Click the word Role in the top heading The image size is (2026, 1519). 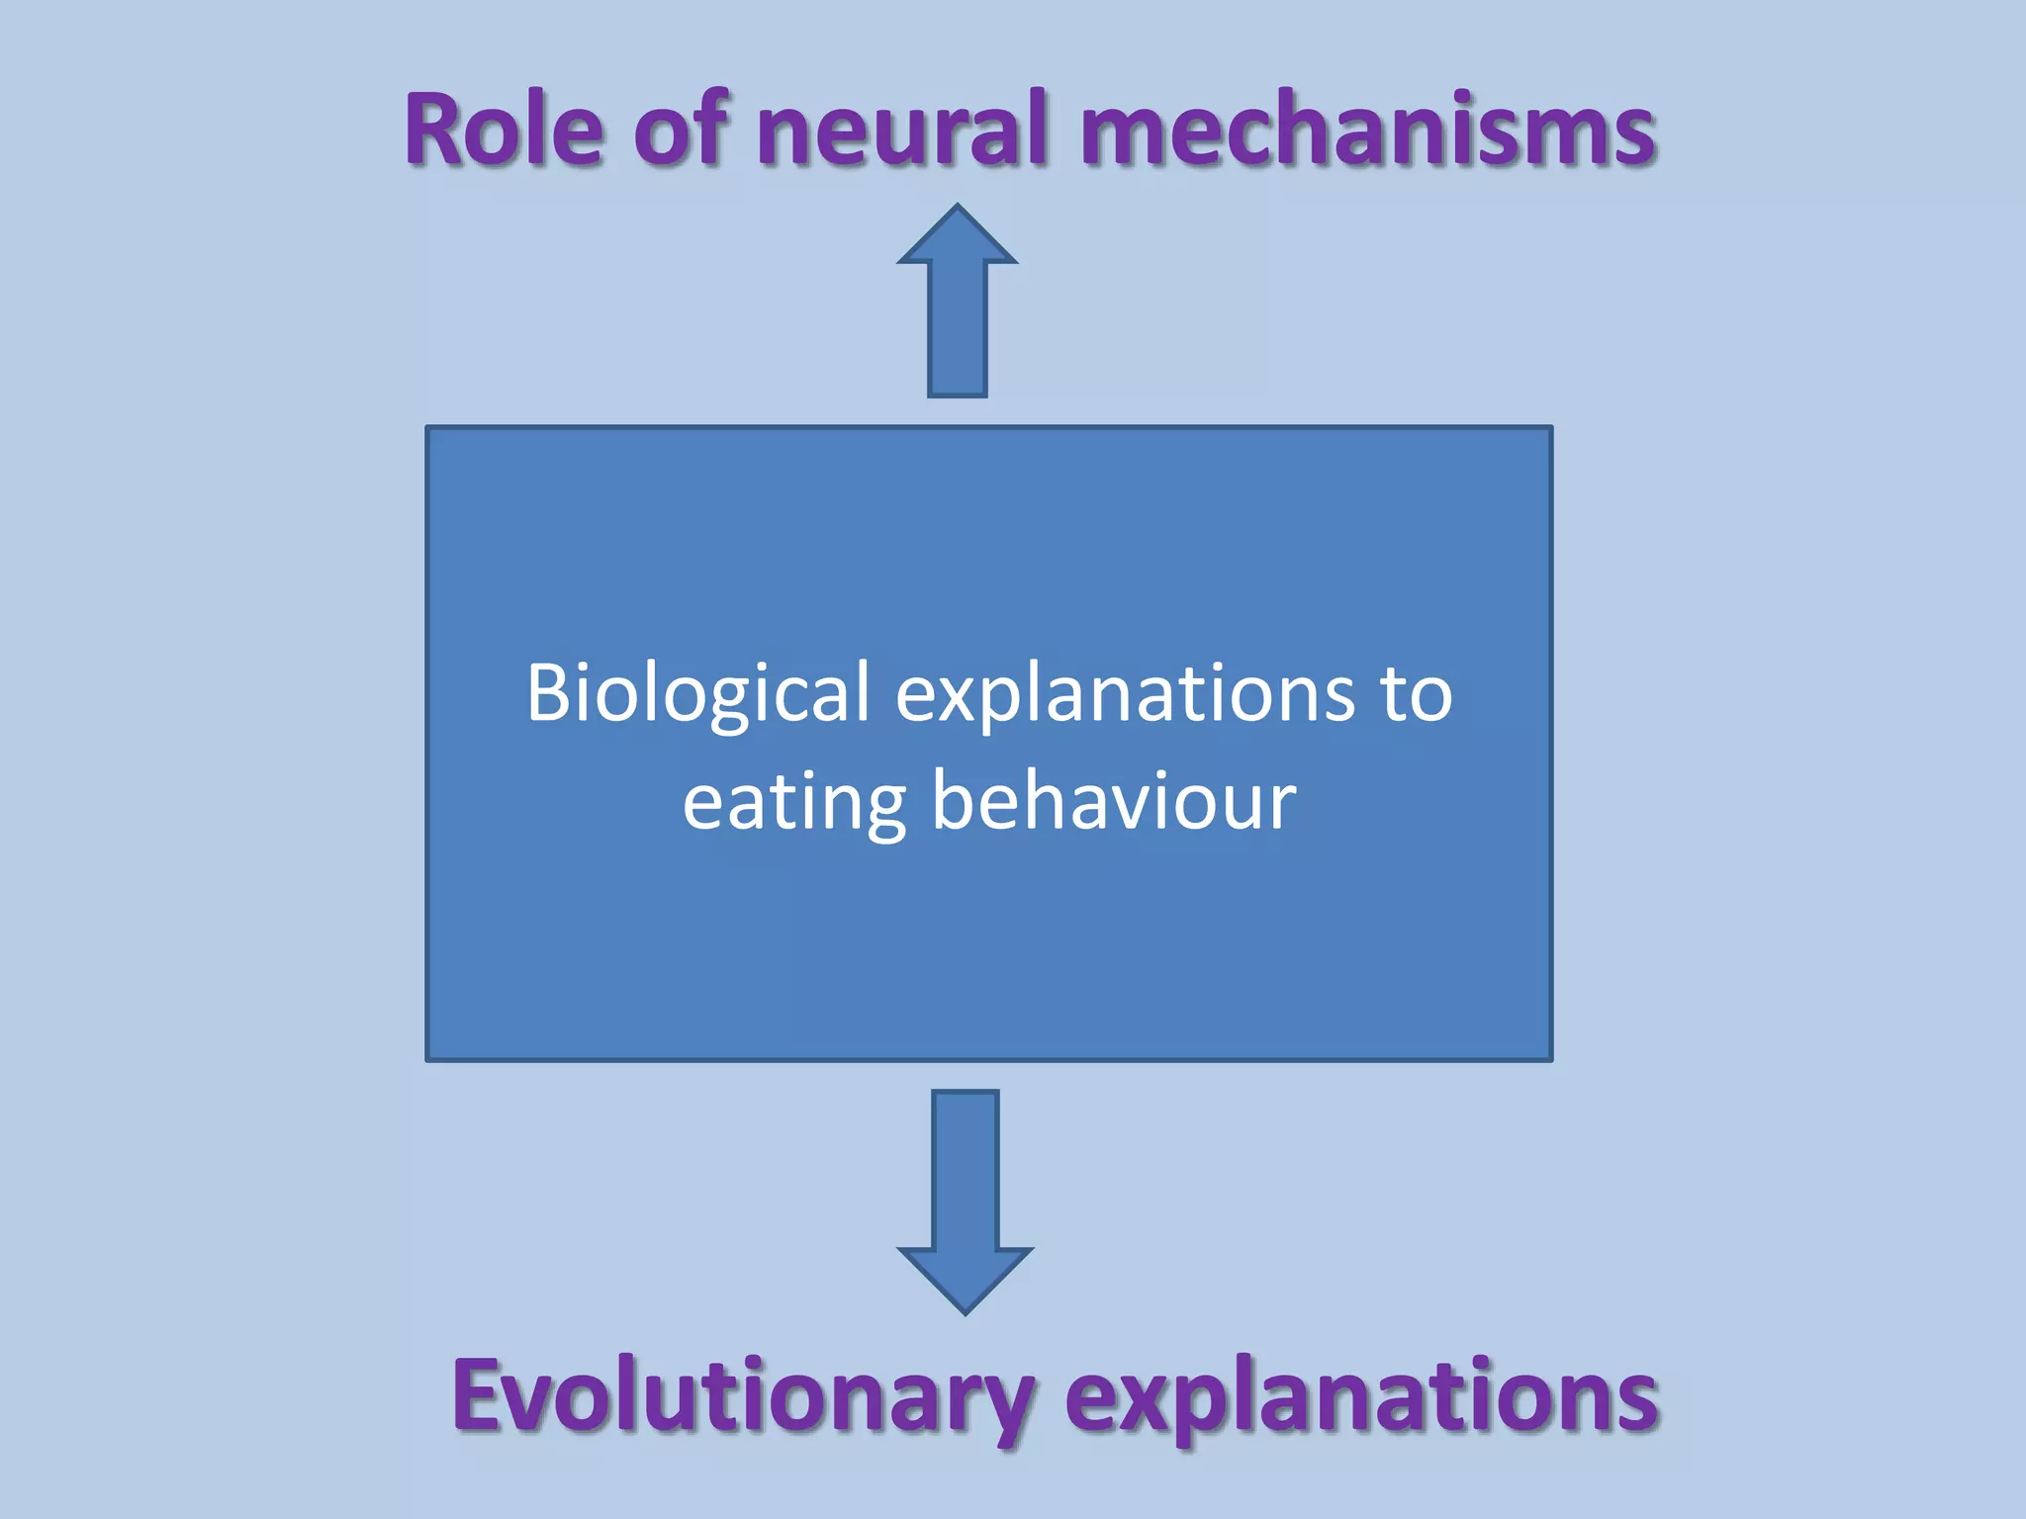coord(504,129)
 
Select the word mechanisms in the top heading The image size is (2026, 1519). coord(1369,129)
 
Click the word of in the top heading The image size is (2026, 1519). coord(682,129)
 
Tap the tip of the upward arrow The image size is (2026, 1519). coord(958,208)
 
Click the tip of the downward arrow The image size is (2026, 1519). coord(966,1311)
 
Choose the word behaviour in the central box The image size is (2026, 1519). coord(1114,800)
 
